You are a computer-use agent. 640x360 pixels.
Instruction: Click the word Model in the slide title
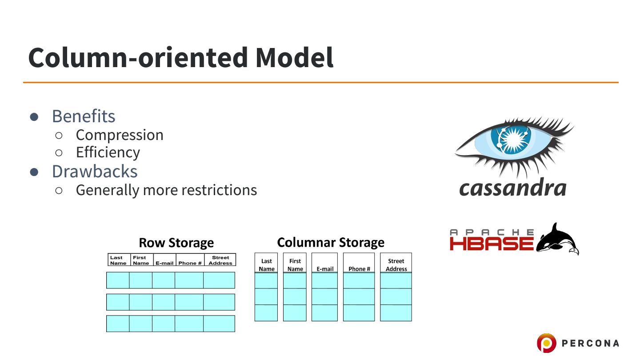(x=294, y=57)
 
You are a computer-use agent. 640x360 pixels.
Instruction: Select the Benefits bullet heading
(x=84, y=116)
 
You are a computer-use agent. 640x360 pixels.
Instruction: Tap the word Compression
(x=120, y=135)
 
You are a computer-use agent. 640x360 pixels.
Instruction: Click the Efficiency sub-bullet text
(x=108, y=152)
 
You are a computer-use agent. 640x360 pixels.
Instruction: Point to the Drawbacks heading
(x=95, y=171)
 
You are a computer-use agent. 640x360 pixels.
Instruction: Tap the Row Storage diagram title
(x=176, y=243)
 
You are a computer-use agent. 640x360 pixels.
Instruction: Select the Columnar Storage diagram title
(x=331, y=242)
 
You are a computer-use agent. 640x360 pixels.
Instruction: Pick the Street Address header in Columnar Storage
(x=396, y=265)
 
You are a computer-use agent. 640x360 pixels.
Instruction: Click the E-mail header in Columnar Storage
(x=325, y=268)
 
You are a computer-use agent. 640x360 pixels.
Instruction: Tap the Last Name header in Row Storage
(x=118, y=260)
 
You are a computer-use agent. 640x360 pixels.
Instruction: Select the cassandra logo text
(x=512, y=188)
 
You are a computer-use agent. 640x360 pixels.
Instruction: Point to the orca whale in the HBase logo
(x=558, y=240)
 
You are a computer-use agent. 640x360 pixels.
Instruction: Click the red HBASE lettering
(x=492, y=244)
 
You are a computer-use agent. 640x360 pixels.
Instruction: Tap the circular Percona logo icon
(x=546, y=343)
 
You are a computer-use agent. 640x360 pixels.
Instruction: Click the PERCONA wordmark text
(x=590, y=343)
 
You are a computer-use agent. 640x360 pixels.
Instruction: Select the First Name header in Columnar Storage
(x=295, y=265)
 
